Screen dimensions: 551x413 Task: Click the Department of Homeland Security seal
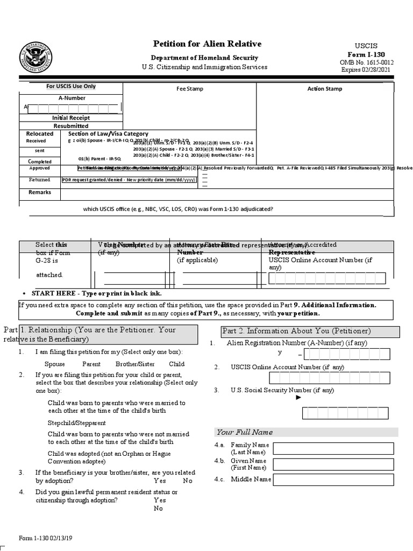[x=35, y=57]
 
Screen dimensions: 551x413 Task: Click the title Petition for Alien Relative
[x=207, y=44]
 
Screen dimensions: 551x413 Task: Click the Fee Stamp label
[x=190, y=89]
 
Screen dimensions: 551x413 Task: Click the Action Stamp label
[x=324, y=89]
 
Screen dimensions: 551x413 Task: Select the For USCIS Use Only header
[x=71, y=86]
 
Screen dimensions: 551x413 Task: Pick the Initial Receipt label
[x=71, y=117]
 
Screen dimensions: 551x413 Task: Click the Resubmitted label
[x=71, y=126]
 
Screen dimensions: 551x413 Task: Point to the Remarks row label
[x=40, y=192]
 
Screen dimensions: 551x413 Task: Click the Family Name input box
[x=333, y=448]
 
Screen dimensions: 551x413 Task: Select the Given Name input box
[x=333, y=464]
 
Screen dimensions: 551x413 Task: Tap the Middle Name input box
[x=333, y=479]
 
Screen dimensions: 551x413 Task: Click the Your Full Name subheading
[x=244, y=432]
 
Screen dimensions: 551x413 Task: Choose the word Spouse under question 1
[x=55, y=364]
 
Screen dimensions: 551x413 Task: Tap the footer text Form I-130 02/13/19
[x=45, y=538]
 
